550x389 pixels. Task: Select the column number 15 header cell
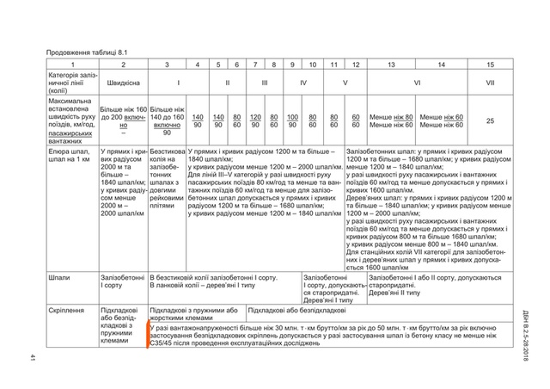[x=490, y=65]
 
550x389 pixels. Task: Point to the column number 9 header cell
[x=293, y=65]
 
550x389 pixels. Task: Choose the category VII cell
[x=490, y=84]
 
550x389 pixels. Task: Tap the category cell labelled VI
[x=416, y=84]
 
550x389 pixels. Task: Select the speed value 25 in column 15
[x=490, y=120]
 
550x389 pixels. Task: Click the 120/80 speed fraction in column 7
[x=255, y=120]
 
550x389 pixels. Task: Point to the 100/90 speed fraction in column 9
[x=293, y=120]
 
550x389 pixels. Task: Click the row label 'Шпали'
[x=59, y=279]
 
